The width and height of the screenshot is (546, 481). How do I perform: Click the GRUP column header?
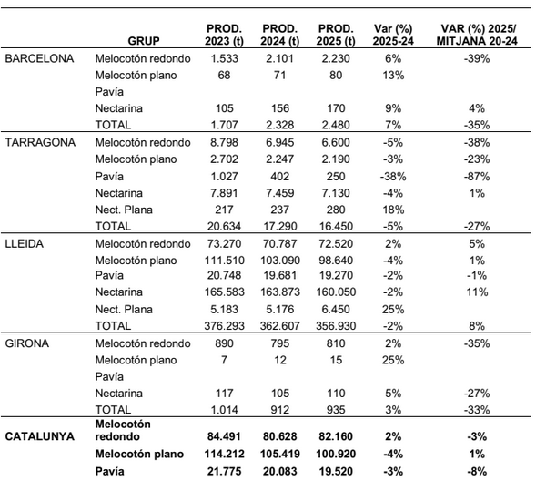(143, 41)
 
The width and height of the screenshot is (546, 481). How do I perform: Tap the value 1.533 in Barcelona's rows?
(211, 57)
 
